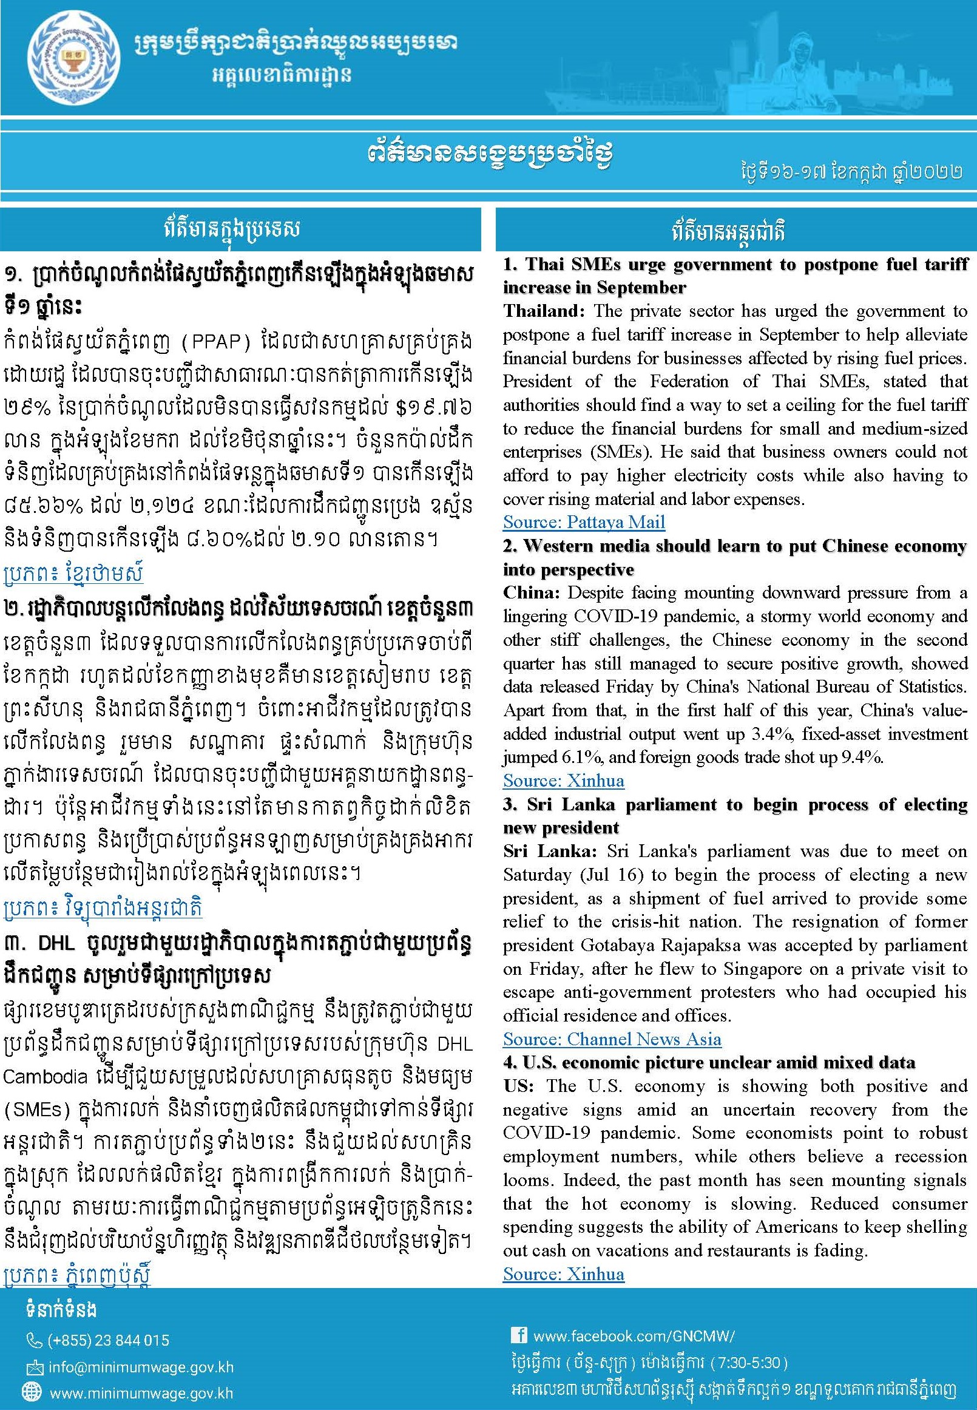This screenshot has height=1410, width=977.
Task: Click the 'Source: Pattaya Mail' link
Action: click(x=583, y=522)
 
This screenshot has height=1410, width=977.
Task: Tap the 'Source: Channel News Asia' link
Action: click(x=612, y=1039)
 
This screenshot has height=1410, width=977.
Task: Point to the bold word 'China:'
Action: click(x=532, y=593)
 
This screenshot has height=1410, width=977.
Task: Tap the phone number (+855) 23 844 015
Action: click(x=109, y=1340)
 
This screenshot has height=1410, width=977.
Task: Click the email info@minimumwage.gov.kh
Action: click(x=141, y=1367)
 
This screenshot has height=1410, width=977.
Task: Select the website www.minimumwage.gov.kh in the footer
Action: click(x=141, y=1394)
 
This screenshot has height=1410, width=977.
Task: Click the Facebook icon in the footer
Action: click(x=518, y=1335)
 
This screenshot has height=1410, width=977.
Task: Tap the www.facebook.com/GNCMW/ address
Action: click(x=633, y=1336)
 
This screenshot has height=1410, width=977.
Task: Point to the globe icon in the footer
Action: click(x=31, y=1393)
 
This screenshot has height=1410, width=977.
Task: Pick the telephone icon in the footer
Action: click(x=34, y=1341)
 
